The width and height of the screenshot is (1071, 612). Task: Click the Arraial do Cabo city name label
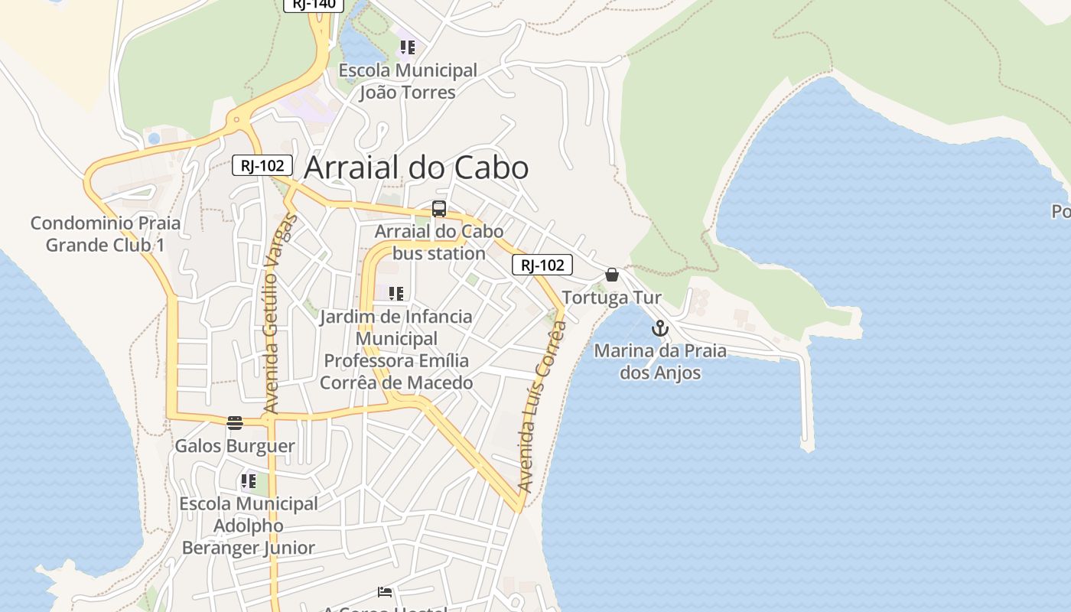click(416, 168)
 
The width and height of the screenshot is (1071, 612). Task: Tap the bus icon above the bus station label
click(439, 208)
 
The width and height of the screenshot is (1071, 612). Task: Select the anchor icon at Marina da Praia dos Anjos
click(659, 329)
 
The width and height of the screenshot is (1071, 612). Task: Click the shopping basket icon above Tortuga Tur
click(612, 275)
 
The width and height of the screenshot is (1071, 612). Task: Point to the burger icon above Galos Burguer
click(235, 423)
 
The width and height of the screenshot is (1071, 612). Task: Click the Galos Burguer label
click(235, 446)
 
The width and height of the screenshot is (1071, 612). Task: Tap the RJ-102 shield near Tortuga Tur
click(542, 265)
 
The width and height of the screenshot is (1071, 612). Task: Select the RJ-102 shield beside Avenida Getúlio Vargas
click(262, 164)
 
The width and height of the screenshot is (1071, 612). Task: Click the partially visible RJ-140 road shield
click(314, 4)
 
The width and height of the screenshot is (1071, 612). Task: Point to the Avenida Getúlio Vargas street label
click(279, 314)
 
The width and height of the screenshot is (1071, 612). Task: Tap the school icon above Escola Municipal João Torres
click(408, 47)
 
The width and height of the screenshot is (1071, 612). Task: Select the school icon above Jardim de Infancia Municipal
click(396, 293)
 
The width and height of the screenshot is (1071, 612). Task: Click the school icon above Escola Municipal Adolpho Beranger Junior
click(248, 481)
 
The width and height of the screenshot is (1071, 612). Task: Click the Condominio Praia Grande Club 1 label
click(106, 234)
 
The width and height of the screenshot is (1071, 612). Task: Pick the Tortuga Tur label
click(611, 298)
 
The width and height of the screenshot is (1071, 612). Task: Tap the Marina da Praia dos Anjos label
click(659, 362)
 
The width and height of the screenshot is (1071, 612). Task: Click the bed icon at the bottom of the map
click(385, 592)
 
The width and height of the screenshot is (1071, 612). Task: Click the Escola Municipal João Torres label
click(408, 81)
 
